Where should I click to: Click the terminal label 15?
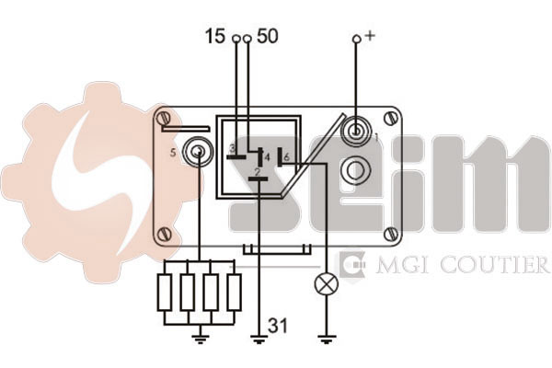pos(214,36)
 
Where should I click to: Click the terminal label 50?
pos(268,36)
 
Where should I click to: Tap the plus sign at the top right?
pos(370,35)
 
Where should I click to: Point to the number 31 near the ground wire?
pos(278,326)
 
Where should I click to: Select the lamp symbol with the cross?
pos(327,284)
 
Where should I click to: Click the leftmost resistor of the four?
pos(165,293)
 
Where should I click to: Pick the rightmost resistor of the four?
pos(234,293)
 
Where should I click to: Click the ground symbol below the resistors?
pos(201,339)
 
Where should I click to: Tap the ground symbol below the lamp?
pos(327,339)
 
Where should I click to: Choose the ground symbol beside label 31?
pos(259,339)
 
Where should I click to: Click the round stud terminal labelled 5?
pos(198,152)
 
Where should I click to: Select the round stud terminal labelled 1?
pos(355,132)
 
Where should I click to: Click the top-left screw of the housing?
pos(165,117)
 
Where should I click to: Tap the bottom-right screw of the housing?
pos(390,234)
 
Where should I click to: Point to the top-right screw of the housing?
pos(390,118)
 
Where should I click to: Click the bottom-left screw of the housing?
pos(165,234)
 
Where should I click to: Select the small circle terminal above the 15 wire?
pos(237,38)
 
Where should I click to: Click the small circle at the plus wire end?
pos(357,39)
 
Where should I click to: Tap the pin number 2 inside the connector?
pos(258,172)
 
